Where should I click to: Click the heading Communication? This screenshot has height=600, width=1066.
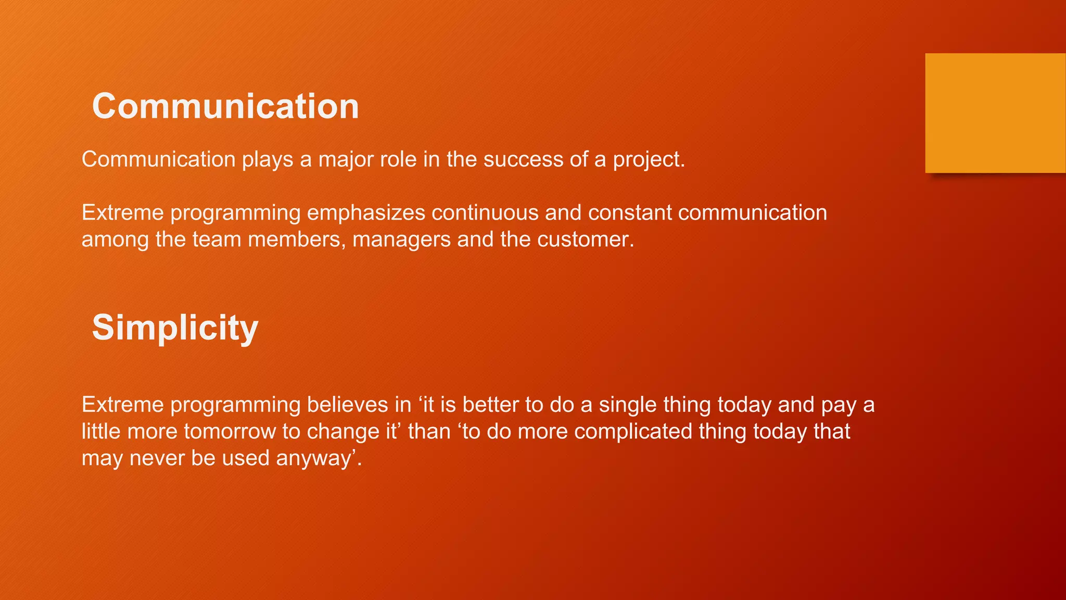click(x=225, y=106)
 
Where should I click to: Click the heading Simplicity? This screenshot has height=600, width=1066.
click(x=175, y=328)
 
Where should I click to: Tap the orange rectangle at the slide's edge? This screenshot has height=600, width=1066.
click(x=995, y=113)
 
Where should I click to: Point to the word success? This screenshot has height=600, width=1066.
click(x=523, y=159)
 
